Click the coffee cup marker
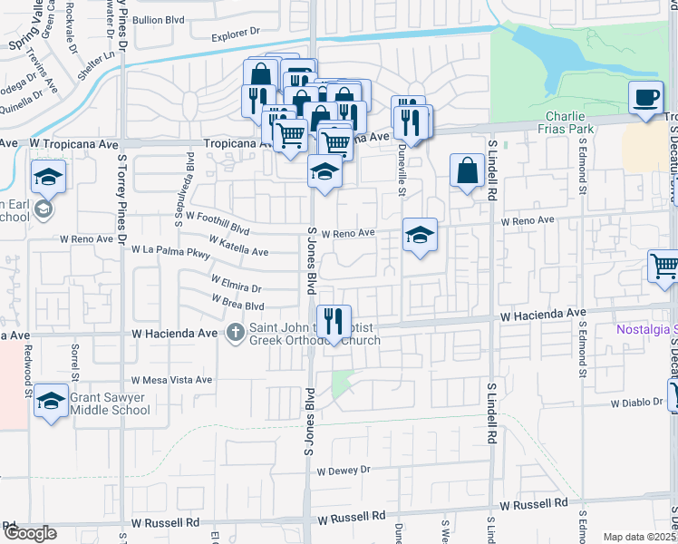[x=645, y=98]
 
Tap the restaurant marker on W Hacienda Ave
[x=334, y=321]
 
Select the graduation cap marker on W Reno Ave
[x=420, y=235]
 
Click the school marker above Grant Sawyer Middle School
[x=51, y=400]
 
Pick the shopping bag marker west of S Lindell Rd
[x=466, y=170]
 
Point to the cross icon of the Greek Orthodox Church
[x=235, y=332]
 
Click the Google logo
[x=29, y=533]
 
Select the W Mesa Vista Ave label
[x=171, y=380]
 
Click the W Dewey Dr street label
[x=344, y=470]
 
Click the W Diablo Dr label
[x=638, y=403]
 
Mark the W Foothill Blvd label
[x=218, y=222]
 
